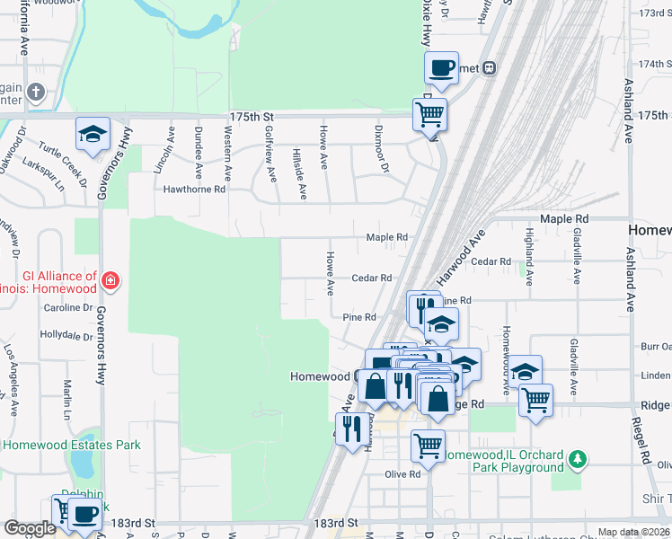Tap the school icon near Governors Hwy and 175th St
pos(93,134)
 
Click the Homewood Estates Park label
pos(71,445)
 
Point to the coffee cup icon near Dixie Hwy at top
pos(441,67)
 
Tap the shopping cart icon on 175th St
pos(429,114)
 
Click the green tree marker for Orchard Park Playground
pos(579,461)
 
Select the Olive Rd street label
pos(402,474)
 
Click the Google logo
pos(30,528)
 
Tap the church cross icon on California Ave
pos(35,93)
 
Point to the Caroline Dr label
pos(69,307)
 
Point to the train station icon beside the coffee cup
pos(490,67)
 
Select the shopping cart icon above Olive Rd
pos(429,445)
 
